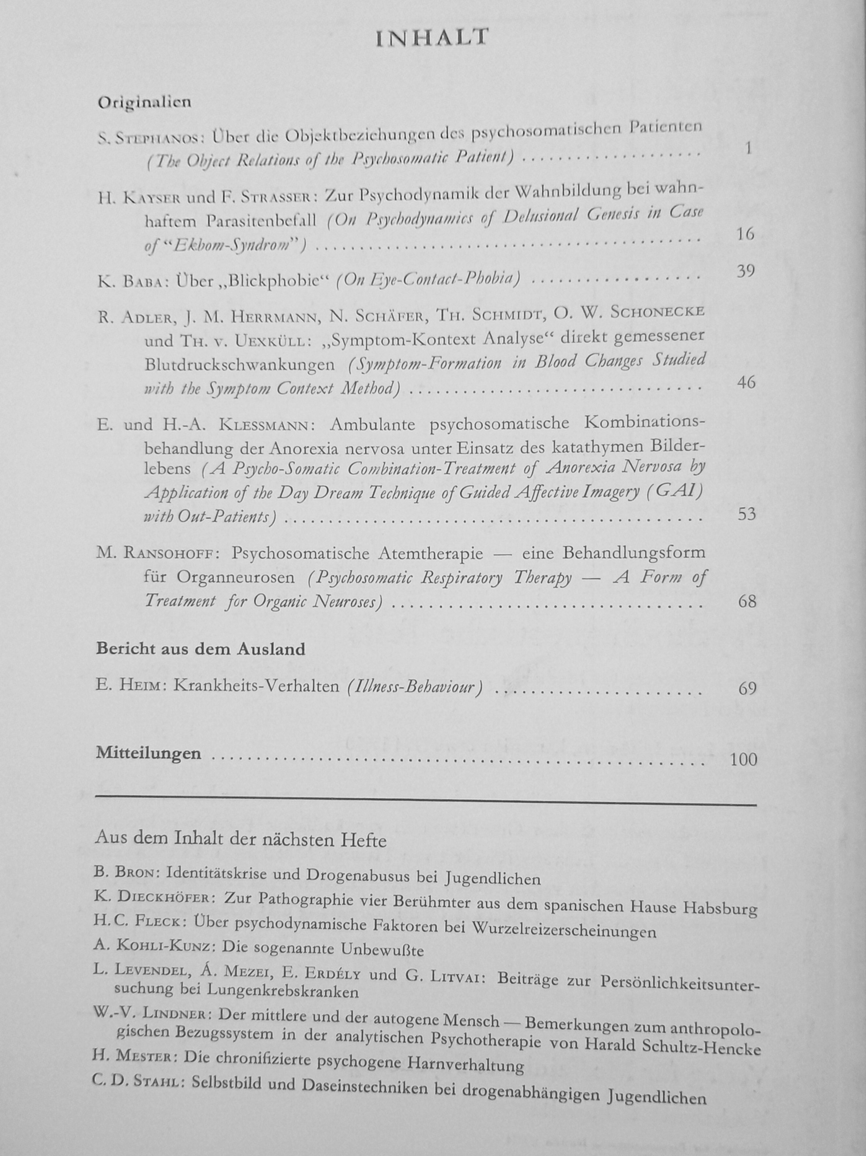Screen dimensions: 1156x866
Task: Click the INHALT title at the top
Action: pos(432,38)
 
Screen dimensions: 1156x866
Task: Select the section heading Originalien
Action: pos(144,102)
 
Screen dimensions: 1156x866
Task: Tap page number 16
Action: pos(745,234)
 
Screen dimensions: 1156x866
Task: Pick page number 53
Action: pos(746,514)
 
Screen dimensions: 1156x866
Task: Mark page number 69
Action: pos(747,688)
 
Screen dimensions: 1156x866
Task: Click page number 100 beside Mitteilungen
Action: pos(744,759)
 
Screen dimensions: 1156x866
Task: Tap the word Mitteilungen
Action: pos(148,753)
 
